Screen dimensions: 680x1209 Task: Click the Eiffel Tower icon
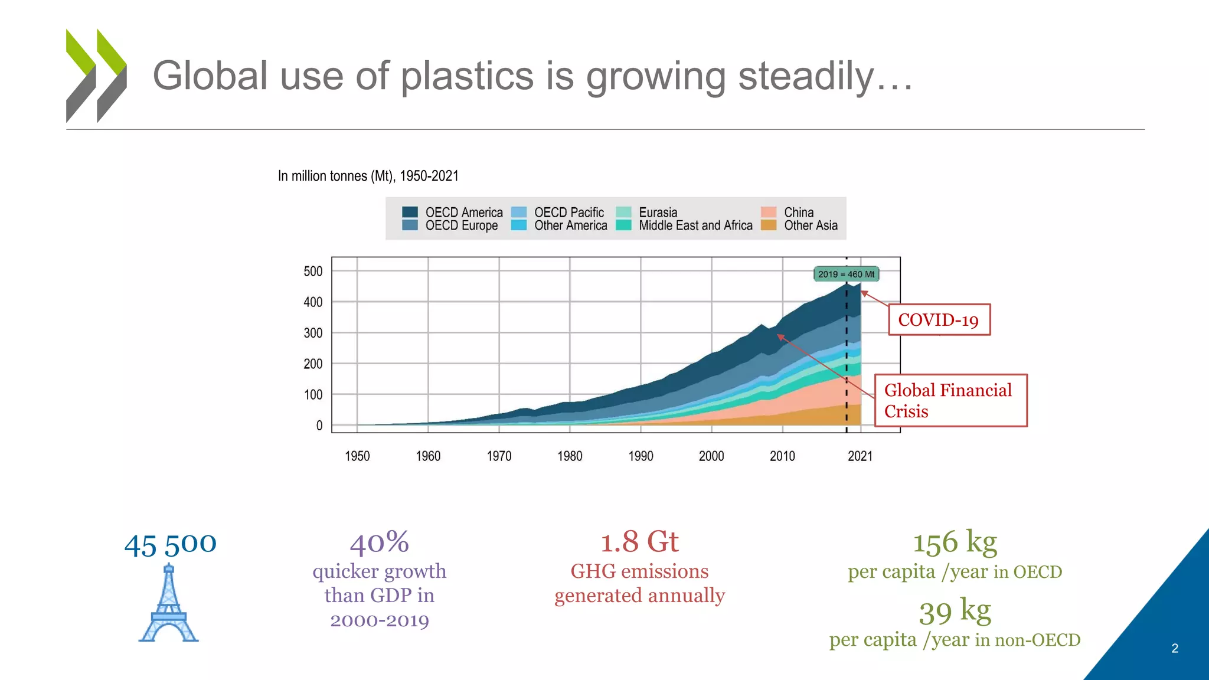point(169,603)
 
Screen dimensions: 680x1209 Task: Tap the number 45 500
point(170,544)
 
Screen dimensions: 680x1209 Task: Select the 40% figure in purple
point(379,542)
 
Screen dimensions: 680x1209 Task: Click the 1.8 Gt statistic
point(639,542)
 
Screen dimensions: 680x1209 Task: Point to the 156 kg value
point(955,542)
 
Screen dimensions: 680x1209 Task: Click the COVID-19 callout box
point(939,320)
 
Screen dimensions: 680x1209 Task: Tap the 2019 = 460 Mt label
point(846,274)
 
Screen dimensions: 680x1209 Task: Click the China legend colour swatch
point(769,212)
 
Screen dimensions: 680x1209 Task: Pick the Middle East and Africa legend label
point(695,225)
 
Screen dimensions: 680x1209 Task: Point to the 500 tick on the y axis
point(313,272)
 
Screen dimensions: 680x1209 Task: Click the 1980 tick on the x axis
point(570,456)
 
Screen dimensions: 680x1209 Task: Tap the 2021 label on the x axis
point(860,456)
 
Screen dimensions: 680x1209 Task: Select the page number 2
point(1175,648)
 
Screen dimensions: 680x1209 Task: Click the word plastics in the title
point(467,76)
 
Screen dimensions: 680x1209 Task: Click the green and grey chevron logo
point(96,76)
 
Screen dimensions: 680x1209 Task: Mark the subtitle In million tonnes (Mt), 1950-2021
point(368,176)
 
